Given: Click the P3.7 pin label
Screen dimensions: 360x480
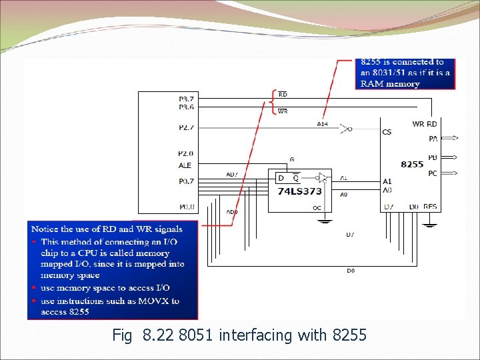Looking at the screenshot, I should tap(186, 99).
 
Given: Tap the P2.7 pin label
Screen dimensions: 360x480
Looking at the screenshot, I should tap(186, 126).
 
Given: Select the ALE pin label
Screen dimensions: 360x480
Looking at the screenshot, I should tap(185, 165).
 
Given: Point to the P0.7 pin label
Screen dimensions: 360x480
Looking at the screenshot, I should tap(186, 181).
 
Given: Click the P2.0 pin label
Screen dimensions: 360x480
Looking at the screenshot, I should tap(186, 153).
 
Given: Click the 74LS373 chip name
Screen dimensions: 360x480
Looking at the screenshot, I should tap(299, 191).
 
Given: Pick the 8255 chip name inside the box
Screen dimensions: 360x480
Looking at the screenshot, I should tap(412, 164).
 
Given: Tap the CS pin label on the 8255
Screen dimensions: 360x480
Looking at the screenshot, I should tap(387, 132).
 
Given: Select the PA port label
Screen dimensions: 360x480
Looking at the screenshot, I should tap(433, 139).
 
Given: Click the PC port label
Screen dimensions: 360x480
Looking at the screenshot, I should tap(433, 173).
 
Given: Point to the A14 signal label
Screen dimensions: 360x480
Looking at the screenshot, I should tap(323, 124).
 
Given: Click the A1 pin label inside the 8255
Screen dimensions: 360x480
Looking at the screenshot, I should tap(387, 181).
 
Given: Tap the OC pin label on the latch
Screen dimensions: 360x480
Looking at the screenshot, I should tap(317, 208).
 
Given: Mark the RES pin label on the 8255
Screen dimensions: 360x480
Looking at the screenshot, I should tap(430, 207).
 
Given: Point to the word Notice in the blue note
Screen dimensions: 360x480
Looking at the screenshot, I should tap(45, 229).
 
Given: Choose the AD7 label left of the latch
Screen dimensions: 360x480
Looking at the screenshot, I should tap(231, 175).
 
